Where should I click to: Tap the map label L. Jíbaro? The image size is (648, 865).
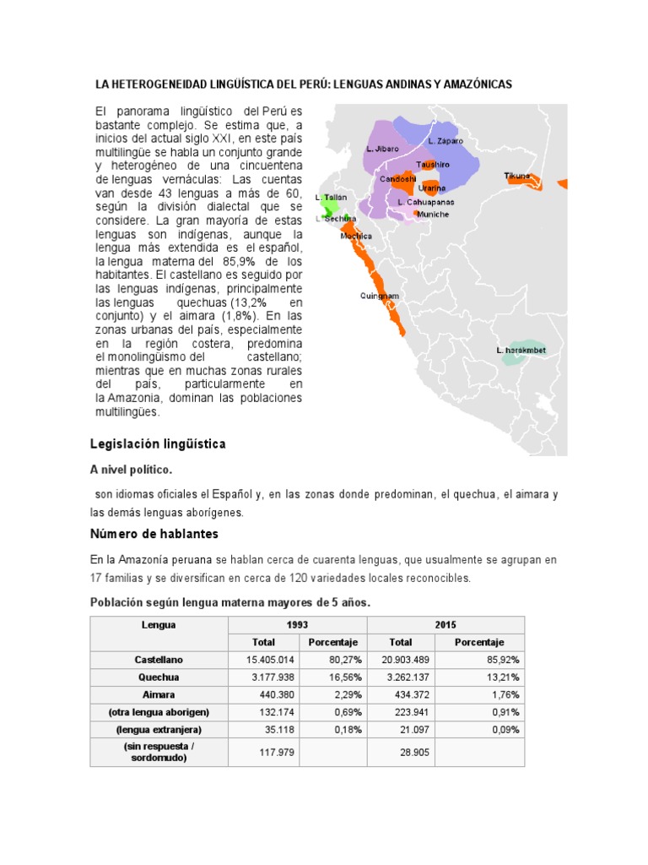click(x=382, y=149)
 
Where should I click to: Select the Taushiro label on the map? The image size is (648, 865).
click(x=431, y=164)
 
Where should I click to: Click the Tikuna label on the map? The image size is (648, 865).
click(x=517, y=176)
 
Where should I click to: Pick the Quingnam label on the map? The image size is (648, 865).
click(x=379, y=296)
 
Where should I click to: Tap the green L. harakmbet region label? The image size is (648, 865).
click(x=521, y=350)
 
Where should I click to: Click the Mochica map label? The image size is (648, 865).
click(x=356, y=237)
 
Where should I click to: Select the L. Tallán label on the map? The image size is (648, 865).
click(x=331, y=197)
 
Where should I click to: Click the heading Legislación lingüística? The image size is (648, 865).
click(x=158, y=443)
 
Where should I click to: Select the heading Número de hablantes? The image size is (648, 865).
click(x=154, y=534)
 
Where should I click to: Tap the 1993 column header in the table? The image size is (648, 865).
click(x=297, y=625)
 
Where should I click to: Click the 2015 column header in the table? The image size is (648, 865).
click(x=445, y=625)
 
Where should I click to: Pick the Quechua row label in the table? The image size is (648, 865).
click(x=159, y=677)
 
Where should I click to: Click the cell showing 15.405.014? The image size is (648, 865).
click(x=270, y=659)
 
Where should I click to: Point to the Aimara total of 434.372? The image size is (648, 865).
click(x=408, y=694)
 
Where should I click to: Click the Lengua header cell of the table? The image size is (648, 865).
click(x=159, y=625)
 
